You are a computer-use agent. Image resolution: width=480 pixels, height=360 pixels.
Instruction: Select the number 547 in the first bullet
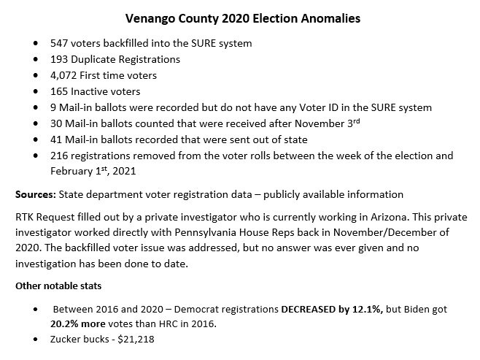[60, 44]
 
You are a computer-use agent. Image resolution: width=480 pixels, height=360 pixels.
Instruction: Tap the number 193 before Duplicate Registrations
[60, 59]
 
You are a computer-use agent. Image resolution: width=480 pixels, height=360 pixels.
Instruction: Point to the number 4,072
[64, 75]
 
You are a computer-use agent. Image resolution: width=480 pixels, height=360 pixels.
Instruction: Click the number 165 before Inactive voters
[60, 91]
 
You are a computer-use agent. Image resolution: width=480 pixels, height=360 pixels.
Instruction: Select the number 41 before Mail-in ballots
[57, 139]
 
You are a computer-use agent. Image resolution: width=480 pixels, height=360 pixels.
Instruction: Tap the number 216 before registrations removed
[60, 156]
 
